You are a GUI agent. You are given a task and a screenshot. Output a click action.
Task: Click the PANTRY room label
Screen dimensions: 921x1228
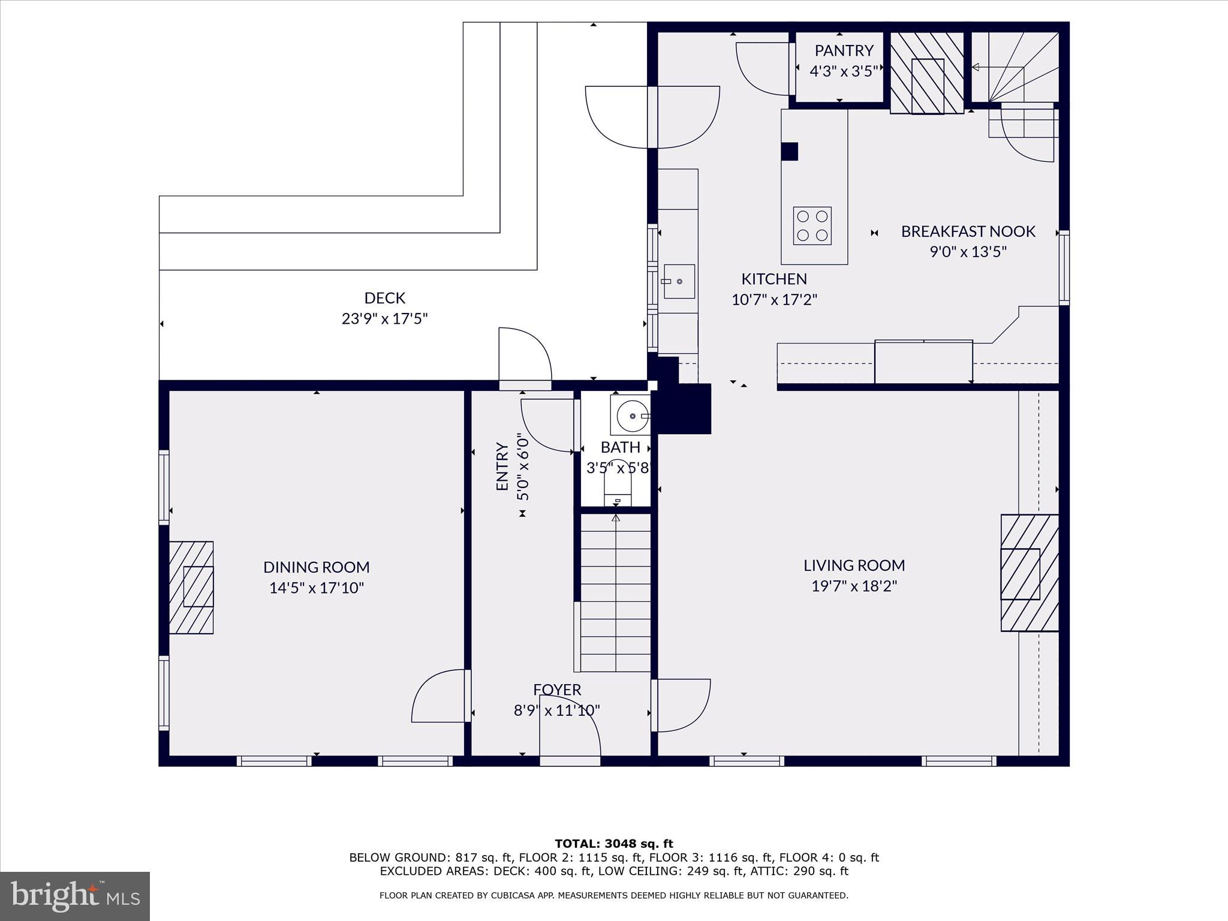[x=844, y=50]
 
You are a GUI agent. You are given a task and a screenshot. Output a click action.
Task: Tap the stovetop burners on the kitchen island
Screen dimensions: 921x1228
[x=812, y=225]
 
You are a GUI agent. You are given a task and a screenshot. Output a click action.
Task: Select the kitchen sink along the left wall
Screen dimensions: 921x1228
[x=679, y=281]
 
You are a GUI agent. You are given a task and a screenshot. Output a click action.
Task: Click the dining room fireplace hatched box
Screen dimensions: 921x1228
[x=191, y=587]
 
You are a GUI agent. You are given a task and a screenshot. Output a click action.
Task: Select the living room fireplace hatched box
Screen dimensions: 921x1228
[x=1029, y=573]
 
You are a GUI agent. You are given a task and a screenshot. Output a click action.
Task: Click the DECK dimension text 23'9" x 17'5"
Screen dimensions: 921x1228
[x=384, y=318]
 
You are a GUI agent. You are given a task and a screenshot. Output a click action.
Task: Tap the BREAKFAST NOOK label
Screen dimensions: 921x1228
[x=968, y=231]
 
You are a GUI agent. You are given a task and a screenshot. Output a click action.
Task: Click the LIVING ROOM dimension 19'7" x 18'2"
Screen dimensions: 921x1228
[x=854, y=586]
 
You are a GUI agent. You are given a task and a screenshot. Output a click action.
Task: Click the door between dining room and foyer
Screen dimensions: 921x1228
[x=440, y=697]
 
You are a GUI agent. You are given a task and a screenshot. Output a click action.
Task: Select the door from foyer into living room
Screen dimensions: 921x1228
[x=682, y=705]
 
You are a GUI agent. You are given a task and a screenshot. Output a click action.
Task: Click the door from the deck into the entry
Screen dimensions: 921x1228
[x=524, y=356]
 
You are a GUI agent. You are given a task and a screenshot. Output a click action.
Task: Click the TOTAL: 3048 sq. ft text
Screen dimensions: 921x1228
[x=613, y=844]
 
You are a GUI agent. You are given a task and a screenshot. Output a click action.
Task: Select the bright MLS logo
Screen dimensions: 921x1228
[x=75, y=896]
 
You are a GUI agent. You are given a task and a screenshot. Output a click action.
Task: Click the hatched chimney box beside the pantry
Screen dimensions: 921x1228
[x=927, y=73]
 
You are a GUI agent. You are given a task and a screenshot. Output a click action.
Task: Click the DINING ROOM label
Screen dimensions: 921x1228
[x=316, y=567]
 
